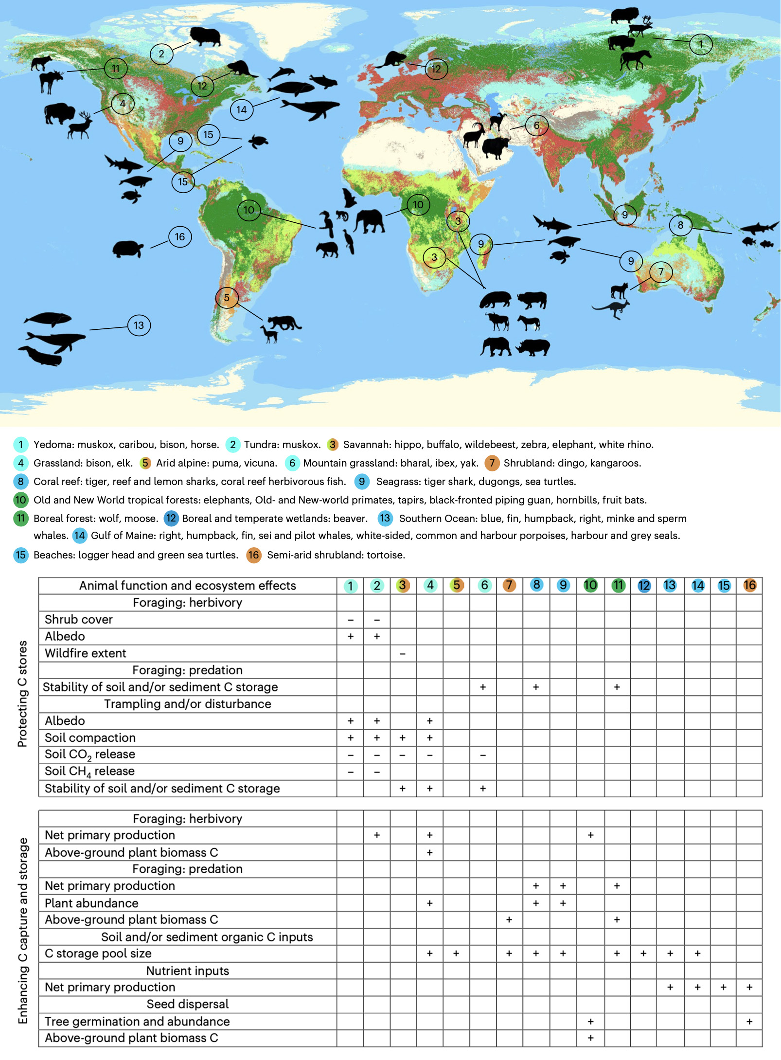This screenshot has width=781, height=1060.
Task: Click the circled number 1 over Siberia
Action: [700, 44]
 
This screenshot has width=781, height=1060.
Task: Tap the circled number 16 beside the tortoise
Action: [180, 237]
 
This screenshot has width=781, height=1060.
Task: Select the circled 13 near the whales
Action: [139, 325]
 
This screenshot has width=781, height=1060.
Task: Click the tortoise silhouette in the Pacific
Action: [128, 249]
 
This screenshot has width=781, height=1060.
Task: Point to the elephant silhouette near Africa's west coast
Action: [369, 221]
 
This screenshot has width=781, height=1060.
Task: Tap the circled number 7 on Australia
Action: [660, 271]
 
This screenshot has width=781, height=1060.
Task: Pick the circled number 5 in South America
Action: [227, 298]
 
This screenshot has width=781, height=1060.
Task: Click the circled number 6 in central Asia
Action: [536, 126]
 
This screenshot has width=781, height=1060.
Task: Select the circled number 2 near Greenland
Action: [161, 54]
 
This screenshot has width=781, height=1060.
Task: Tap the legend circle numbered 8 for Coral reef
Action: [20, 482]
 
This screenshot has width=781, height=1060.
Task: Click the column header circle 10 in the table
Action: [590, 585]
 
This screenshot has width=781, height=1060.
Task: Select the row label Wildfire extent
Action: [86, 653]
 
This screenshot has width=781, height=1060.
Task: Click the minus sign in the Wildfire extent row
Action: [403, 654]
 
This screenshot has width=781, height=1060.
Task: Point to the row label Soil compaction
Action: [90, 738]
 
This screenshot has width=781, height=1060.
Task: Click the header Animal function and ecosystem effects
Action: [187, 586]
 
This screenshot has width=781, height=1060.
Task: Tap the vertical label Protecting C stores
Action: [22, 694]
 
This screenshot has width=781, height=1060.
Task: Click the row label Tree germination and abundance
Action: [137, 1022]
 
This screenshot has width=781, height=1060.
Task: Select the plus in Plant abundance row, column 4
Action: [430, 903]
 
